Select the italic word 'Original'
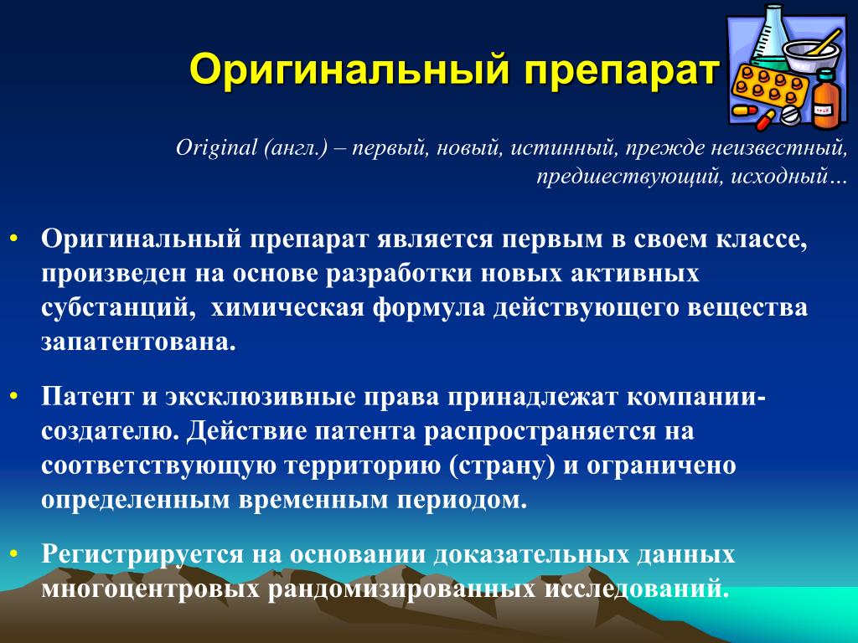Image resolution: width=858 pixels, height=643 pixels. click(x=216, y=148)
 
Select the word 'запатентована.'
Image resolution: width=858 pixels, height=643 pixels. click(x=138, y=342)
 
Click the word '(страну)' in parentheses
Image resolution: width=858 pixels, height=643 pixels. click(x=501, y=466)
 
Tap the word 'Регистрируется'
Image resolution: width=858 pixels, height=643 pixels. click(x=142, y=555)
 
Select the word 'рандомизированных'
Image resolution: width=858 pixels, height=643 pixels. click(x=401, y=589)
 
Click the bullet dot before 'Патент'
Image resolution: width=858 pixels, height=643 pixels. click(x=13, y=396)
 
